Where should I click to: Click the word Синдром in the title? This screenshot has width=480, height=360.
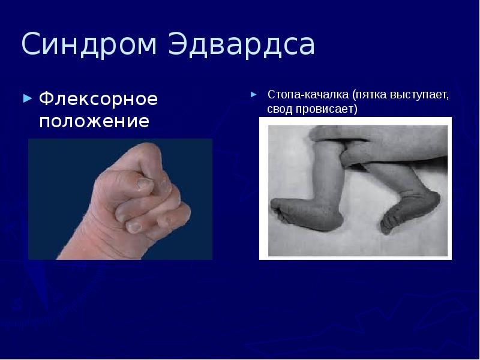(90, 46)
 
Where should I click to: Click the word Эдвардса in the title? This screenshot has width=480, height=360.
(242, 46)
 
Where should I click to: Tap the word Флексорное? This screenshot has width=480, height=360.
(98, 98)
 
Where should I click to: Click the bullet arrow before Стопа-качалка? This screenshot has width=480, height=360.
(254, 95)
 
